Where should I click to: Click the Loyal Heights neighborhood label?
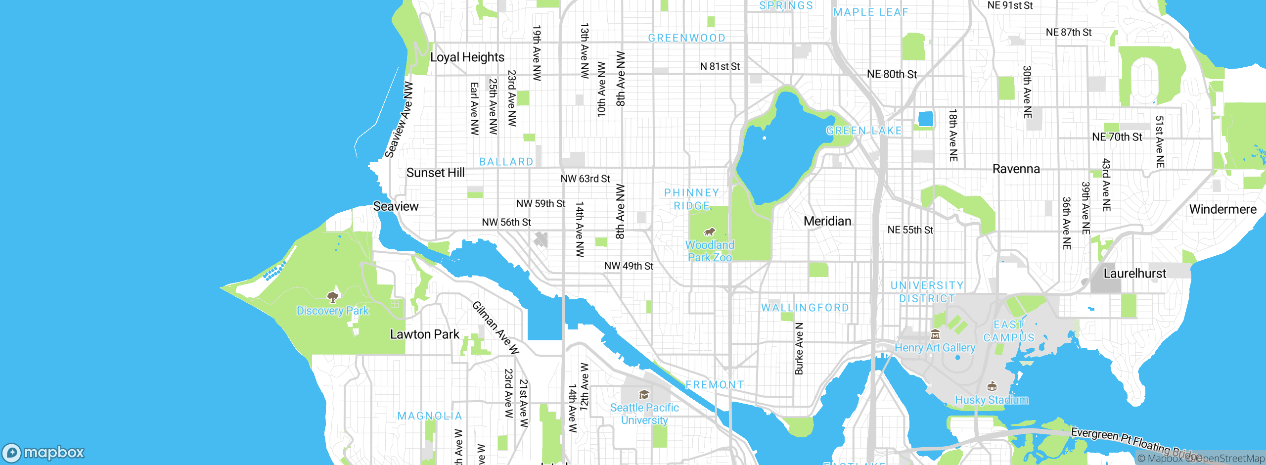pyautogui.click(x=467, y=57)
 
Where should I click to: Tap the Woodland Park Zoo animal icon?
pyautogui.click(x=710, y=232)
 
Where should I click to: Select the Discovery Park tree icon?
pyautogui.click(x=333, y=296)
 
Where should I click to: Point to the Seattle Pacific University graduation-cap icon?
pyautogui.click(x=644, y=394)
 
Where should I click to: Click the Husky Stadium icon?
pyautogui.click(x=992, y=386)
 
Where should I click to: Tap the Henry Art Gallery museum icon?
pyautogui.click(x=935, y=334)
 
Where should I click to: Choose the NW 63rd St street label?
pyautogui.click(x=585, y=179)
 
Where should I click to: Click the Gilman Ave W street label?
pyautogui.click(x=496, y=328)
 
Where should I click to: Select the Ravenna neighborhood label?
pyautogui.click(x=1016, y=169)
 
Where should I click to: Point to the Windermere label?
pyautogui.click(x=1222, y=209)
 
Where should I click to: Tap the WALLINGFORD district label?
pyautogui.click(x=805, y=308)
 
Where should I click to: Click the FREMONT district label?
pyautogui.click(x=715, y=385)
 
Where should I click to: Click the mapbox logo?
pyautogui.click(x=44, y=452)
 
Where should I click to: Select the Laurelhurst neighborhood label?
pyautogui.click(x=1134, y=274)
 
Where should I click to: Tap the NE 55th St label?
pyautogui.click(x=910, y=230)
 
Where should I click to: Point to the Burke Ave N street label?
pyautogui.click(x=799, y=348)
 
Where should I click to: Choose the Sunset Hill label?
pyautogui.click(x=435, y=173)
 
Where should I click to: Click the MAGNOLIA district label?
pyautogui.click(x=429, y=416)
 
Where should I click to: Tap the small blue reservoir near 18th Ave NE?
pyautogui.click(x=925, y=119)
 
